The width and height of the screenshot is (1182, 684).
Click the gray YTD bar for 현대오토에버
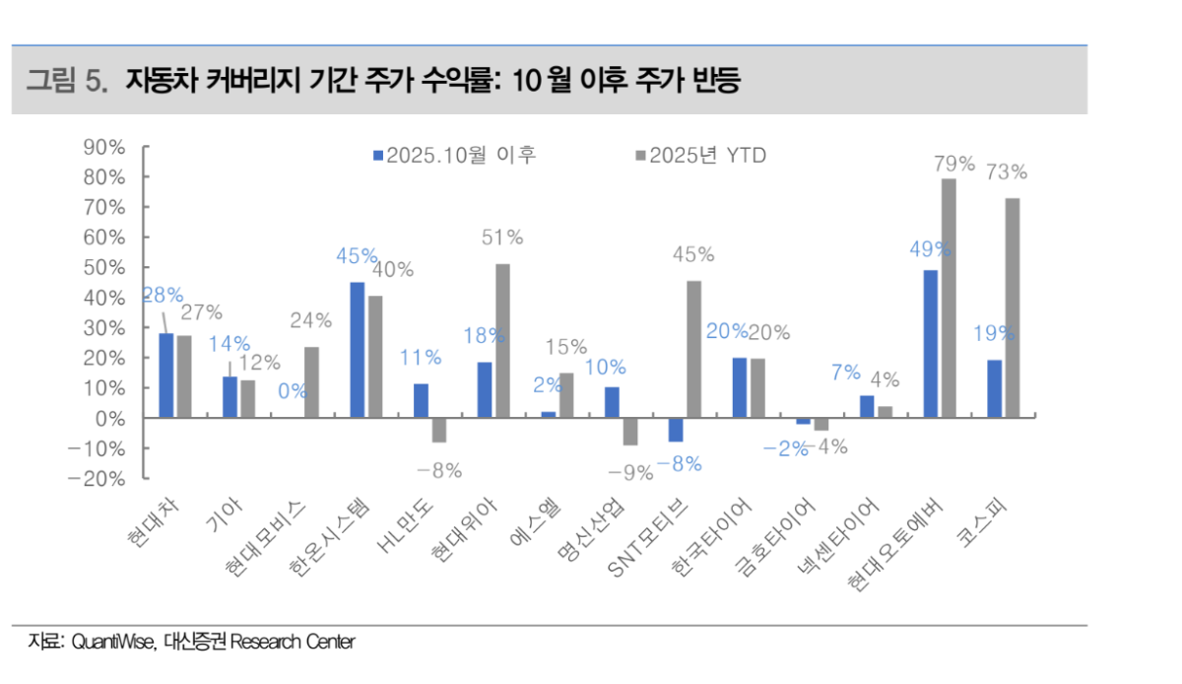948,298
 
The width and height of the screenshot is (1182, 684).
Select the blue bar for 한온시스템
357,350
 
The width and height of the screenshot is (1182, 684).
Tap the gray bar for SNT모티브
693,349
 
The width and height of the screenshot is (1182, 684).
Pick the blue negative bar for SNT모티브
676,430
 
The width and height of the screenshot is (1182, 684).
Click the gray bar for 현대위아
502,340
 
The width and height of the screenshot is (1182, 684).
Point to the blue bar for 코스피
995,388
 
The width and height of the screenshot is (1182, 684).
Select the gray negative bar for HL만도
439,430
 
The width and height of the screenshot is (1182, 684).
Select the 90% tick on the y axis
102,147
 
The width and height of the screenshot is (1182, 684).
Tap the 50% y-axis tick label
102,268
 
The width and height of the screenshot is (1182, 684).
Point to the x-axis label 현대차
150,520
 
